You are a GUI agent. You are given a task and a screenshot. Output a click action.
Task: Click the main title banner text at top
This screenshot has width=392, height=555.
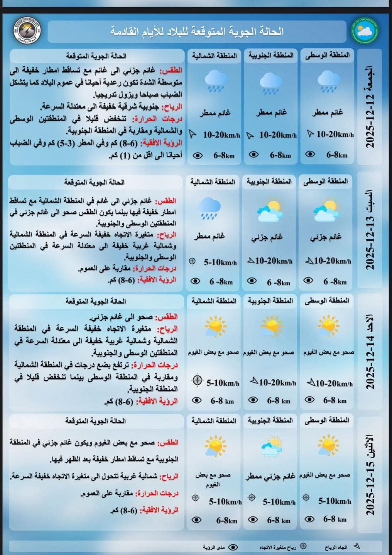(x=197, y=31)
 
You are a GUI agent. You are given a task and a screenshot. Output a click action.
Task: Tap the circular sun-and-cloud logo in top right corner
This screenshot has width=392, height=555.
(x=365, y=31)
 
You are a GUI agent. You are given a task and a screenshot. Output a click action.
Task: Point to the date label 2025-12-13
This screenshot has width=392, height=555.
(x=370, y=230)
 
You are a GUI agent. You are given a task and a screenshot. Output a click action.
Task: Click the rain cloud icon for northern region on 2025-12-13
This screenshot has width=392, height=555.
(x=210, y=208)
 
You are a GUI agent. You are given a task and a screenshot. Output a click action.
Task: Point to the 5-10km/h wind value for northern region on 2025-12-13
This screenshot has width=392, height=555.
(x=220, y=262)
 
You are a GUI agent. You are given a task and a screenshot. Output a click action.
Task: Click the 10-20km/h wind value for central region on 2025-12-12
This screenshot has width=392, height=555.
(x=335, y=135)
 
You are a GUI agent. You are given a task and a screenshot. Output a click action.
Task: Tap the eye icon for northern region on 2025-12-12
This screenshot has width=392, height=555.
(x=197, y=156)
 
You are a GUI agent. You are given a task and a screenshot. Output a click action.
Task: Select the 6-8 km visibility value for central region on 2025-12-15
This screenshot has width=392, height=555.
(x=335, y=519)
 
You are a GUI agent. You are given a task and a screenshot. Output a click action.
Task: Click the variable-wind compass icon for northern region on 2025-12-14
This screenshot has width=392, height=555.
(x=197, y=380)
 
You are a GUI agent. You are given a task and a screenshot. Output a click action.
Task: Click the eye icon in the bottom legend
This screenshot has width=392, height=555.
(x=233, y=547)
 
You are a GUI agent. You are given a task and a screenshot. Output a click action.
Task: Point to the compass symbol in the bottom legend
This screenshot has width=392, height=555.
(x=304, y=546)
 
